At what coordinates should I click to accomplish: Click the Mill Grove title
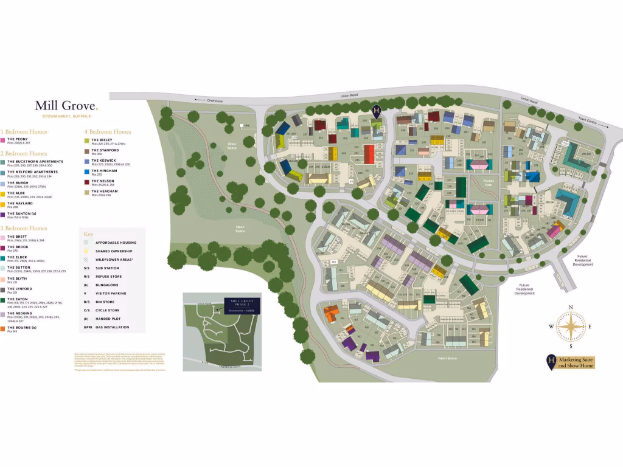(x=66, y=106)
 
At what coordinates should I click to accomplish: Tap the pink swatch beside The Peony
(x=3, y=140)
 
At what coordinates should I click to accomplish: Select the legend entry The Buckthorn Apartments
(x=35, y=162)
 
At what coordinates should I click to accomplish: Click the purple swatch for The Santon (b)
(x=3, y=215)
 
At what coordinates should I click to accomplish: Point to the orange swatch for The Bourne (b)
(x=3, y=328)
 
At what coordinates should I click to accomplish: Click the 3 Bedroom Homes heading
(x=24, y=228)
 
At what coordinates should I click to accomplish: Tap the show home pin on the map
(x=377, y=110)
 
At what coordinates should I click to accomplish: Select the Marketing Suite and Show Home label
(x=575, y=362)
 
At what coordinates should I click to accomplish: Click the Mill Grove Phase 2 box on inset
(x=242, y=305)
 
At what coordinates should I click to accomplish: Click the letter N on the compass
(x=571, y=308)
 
